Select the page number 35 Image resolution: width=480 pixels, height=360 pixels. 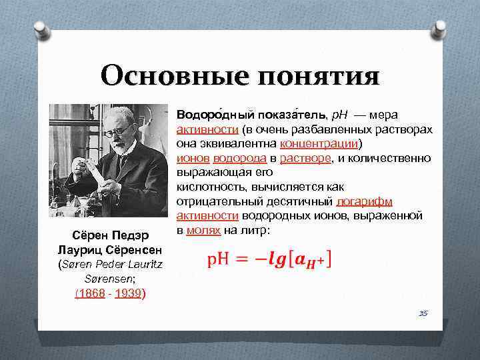tap(423, 312)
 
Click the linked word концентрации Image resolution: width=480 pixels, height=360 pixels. tap(319, 143)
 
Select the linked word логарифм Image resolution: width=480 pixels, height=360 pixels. tap(364, 201)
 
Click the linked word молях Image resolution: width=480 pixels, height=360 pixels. tap(203, 230)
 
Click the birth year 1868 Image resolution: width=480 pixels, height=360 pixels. tap(90, 293)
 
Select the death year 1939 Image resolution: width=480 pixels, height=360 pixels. tap(128, 293)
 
